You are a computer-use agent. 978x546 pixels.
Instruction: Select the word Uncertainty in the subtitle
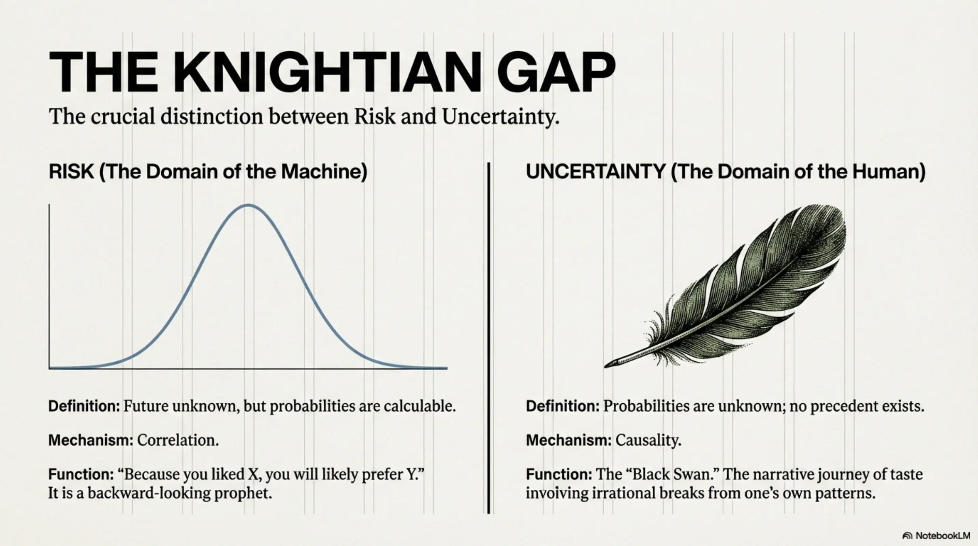[500, 116]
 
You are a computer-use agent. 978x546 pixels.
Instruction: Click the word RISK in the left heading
[71, 171]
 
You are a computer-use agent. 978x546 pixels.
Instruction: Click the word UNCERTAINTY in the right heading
[595, 171]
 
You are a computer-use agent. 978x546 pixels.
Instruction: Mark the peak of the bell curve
[248, 205]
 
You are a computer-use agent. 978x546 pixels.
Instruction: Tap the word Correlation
[178, 440]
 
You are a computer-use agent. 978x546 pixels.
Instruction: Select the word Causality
[648, 440]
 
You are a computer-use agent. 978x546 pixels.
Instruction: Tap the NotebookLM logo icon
[907, 536]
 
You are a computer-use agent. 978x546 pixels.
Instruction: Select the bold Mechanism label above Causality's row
[568, 440]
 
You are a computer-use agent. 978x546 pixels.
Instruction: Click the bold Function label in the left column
[81, 474]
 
